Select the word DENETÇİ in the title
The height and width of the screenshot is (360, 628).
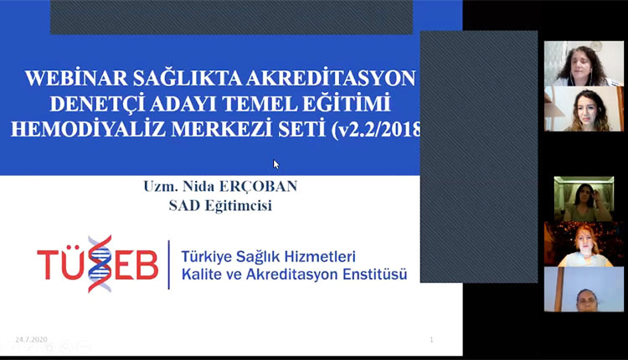pyautogui.click(x=98, y=105)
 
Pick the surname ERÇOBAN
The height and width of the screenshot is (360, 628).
pyautogui.click(x=259, y=186)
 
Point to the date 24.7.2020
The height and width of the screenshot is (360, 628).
pyautogui.click(x=31, y=339)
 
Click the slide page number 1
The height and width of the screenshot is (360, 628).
pyautogui.click(x=431, y=339)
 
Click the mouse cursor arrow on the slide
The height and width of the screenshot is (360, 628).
pyautogui.click(x=276, y=164)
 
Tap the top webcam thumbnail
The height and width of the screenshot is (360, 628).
pyautogui.click(x=584, y=64)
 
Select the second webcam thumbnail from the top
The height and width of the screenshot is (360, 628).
pyautogui.click(x=584, y=109)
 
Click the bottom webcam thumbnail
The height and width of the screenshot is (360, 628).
pyautogui.click(x=584, y=289)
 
